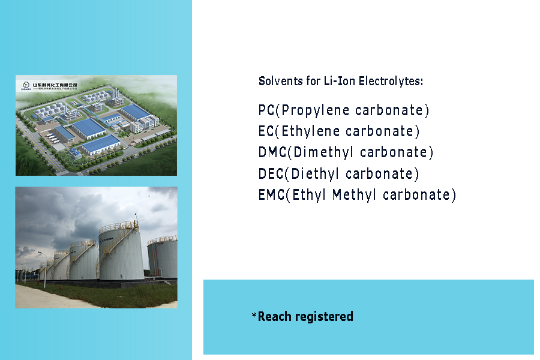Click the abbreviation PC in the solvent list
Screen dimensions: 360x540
266,110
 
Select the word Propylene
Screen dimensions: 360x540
314,110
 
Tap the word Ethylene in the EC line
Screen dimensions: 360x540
313,131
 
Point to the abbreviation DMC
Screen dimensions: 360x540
272,152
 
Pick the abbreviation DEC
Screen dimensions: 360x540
271,174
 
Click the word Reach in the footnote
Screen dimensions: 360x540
274,316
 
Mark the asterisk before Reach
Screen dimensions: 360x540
254,315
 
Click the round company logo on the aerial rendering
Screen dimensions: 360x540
25,85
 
